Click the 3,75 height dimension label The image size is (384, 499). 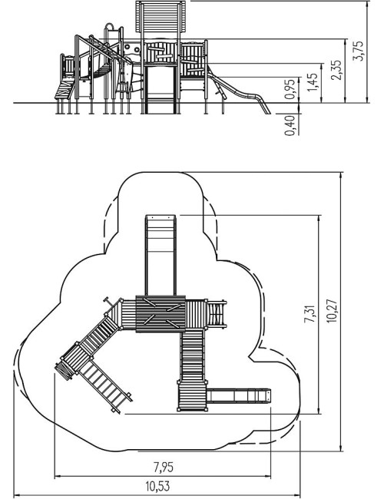(x=359, y=51)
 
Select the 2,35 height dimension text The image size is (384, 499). (x=336, y=70)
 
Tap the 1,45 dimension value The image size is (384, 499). (x=313, y=83)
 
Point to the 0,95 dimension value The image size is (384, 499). (x=290, y=89)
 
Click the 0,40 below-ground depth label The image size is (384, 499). (x=290, y=125)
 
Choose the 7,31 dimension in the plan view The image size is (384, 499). (x=310, y=314)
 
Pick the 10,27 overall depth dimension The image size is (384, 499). (x=332, y=311)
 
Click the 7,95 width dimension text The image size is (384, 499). (x=164, y=468)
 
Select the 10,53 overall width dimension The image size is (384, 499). (x=157, y=486)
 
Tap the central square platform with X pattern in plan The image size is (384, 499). (x=161, y=314)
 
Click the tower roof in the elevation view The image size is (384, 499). (x=161, y=17)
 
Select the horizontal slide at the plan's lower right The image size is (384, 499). (x=239, y=395)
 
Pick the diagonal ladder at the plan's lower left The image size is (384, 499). (x=104, y=385)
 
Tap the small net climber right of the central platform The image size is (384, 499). (x=217, y=314)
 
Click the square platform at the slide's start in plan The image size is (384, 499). (x=192, y=395)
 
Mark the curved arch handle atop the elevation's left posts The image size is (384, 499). (x=109, y=25)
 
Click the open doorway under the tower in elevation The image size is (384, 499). (x=160, y=89)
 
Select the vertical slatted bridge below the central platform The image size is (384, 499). (x=192, y=355)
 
